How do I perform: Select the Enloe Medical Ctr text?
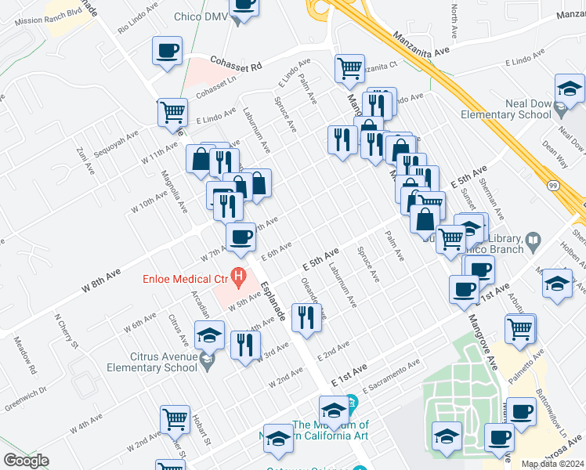tap(184, 279)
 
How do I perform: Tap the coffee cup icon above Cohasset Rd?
tap(168, 52)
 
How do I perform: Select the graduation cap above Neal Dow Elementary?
tap(570, 88)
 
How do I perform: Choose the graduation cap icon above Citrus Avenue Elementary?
tap(209, 335)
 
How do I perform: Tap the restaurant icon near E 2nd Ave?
tap(306, 317)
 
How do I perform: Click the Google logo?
tap(26, 461)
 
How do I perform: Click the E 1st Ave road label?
tap(349, 374)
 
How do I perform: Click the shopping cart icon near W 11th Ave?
tap(172, 111)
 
